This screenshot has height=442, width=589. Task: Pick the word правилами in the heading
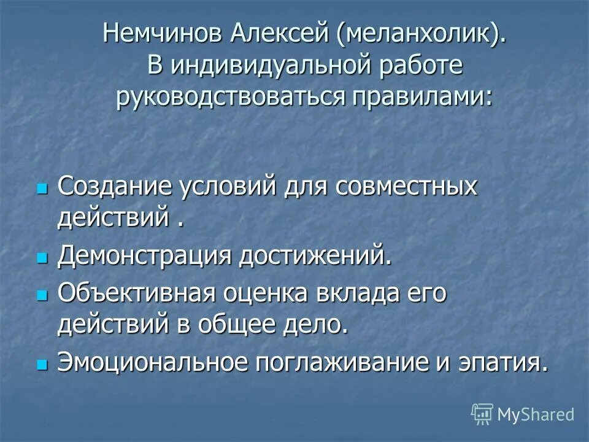click(x=422, y=98)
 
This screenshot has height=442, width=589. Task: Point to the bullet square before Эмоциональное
click(x=42, y=363)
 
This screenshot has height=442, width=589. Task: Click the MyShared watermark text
click(x=536, y=414)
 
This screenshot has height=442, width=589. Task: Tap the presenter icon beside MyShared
click(x=482, y=415)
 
